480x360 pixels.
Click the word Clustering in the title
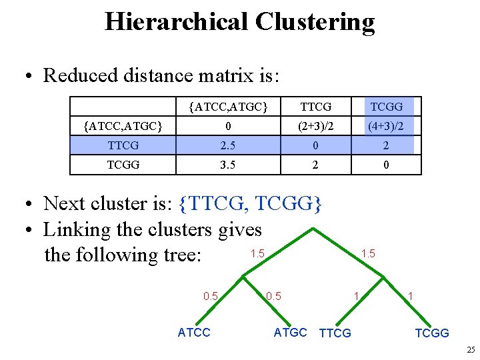tap(315, 21)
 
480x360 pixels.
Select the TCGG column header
tap(387, 107)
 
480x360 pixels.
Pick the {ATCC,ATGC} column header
tap(228, 107)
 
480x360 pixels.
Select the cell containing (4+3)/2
tap(387, 125)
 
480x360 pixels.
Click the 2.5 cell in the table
tap(228, 145)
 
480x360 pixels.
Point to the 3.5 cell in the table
tap(228, 164)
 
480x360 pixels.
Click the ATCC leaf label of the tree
tap(194, 333)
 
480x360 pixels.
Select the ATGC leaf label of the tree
tap(290, 332)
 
